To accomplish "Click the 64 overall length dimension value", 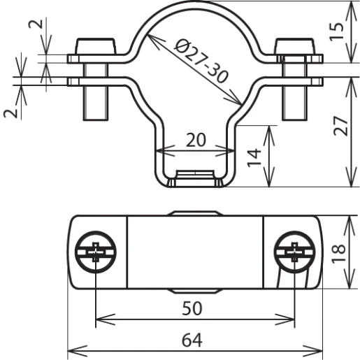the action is [192, 340].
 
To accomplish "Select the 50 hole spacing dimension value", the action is [192, 308].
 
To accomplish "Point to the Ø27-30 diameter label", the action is [201, 61].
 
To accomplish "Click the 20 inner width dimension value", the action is [196, 140].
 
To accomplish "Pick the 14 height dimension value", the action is [254, 158].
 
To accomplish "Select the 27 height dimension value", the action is [340, 126].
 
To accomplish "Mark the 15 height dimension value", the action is [336, 31].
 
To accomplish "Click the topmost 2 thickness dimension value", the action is [36, 24].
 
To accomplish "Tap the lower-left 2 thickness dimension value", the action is [10, 113].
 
